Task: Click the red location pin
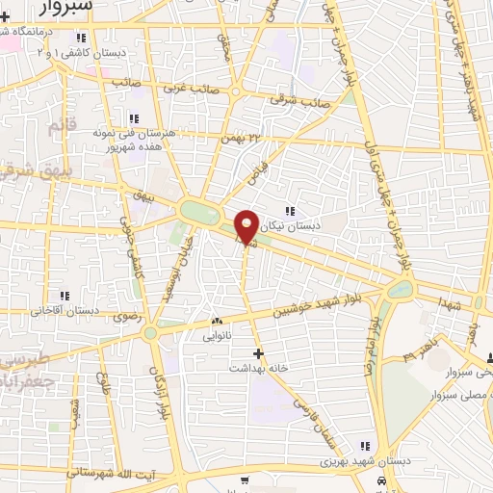click(x=246, y=225)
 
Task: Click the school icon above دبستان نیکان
click(x=289, y=211)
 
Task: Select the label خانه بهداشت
click(x=255, y=368)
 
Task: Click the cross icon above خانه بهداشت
click(x=257, y=353)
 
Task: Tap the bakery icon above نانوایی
click(x=217, y=323)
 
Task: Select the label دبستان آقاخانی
click(x=65, y=311)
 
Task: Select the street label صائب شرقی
click(x=299, y=98)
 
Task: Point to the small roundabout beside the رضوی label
click(x=150, y=333)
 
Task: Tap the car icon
click(x=383, y=480)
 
